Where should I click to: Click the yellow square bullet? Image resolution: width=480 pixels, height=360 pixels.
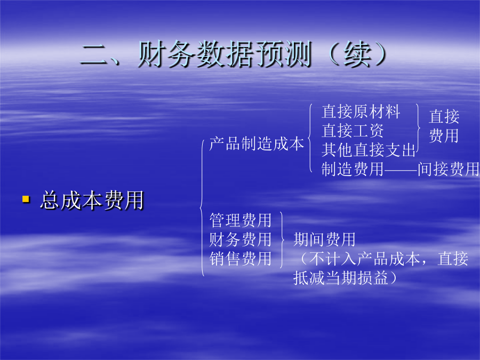[26, 199]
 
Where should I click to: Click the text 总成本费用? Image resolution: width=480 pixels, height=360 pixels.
[92, 200]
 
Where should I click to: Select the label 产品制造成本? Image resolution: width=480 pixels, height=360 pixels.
[257, 143]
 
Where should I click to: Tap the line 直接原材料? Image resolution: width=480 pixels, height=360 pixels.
[361, 111]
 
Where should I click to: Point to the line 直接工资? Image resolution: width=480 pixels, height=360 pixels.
[353, 131]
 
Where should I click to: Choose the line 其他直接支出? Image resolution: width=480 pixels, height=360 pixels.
[368, 150]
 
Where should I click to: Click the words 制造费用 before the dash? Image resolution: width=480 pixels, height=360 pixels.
[353, 169]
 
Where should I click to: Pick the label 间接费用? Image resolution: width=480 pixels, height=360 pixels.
[449, 169]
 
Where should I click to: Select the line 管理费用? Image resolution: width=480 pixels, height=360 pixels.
[241, 220]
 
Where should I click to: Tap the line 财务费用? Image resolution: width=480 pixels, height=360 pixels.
[241, 239]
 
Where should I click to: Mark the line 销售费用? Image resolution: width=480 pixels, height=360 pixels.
[241, 259]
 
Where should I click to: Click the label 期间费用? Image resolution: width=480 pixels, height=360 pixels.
[324, 239]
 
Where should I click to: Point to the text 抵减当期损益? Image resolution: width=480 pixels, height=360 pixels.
[341, 278]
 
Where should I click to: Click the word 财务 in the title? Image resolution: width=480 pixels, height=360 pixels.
[167, 54]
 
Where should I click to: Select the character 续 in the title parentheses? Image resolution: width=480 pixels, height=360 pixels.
[357, 54]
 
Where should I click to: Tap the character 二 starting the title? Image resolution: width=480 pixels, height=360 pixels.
[94, 54]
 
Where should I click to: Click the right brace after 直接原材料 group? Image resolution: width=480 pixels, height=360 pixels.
[418, 130]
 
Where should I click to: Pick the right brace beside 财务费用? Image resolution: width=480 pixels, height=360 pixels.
[282, 239]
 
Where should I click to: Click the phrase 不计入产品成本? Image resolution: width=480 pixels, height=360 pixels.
[365, 259]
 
